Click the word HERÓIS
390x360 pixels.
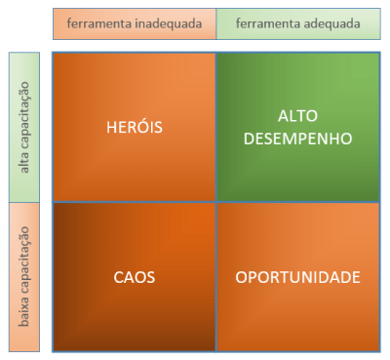click(x=135, y=127)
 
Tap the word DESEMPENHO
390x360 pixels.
click(x=297, y=139)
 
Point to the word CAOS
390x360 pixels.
click(x=135, y=277)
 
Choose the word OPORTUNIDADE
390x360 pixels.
click(x=297, y=277)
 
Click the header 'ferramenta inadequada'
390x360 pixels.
click(x=135, y=22)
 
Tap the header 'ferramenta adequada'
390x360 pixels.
click(x=297, y=22)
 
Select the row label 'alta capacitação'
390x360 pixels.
click(x=23, y=128)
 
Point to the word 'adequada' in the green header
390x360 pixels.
click(x=330, y=22)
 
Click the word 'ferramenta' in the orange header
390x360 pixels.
click(x=98, y=22)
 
